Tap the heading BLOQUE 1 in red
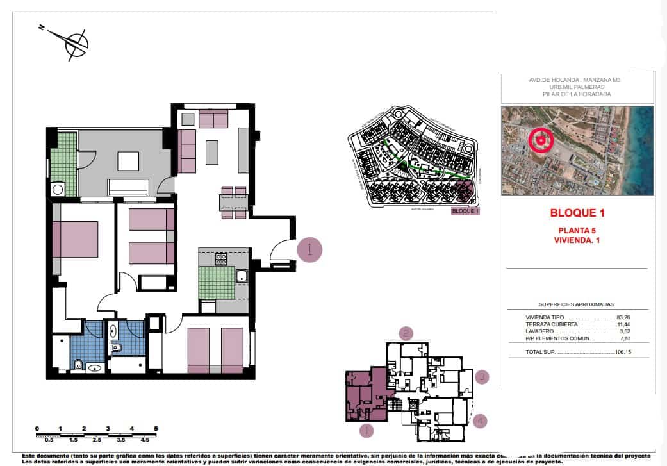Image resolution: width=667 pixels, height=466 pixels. [577, 213]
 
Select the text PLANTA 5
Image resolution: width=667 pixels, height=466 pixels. [577, 231]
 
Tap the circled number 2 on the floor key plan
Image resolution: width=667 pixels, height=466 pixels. [405, 333]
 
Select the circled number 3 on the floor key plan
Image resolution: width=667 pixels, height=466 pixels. [482, 377]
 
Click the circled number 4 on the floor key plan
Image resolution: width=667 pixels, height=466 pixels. [481, 421]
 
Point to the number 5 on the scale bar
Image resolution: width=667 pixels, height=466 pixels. [156, 428]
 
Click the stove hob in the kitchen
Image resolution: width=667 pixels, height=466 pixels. [220, 259]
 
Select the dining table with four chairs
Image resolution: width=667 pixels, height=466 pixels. [233, 203]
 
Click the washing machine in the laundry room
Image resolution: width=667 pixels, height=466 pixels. [58, 189]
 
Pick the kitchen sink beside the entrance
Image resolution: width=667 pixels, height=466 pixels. [242, 276]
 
